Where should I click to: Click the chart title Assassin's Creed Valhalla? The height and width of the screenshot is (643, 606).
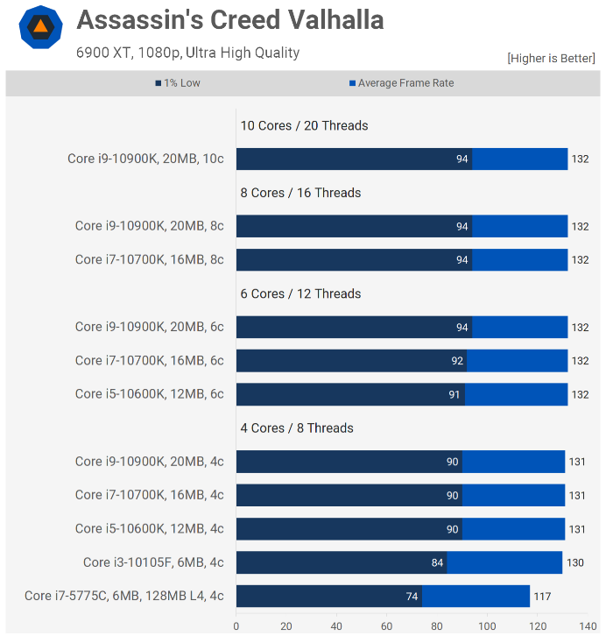pyautogui.click(x=230, y=20)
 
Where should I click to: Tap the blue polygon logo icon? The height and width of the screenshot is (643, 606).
pyautogui.click(x=40, y=27)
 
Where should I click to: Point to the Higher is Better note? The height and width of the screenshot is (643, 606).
pyautogui.click(x=551, y=58)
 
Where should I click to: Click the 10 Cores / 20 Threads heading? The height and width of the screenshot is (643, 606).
pyautogui.click(x=304, y=125)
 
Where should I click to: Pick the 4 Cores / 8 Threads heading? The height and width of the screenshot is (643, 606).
pyautogui.click(x=297, y=427)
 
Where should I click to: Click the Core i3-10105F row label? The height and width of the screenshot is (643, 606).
pyautogui.click(x=153, y=562)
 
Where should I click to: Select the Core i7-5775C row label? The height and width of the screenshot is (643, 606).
pyautogui.click(x=123, y=596)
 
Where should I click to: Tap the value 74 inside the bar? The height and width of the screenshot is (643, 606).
pyautogui.click(x=412, y=597)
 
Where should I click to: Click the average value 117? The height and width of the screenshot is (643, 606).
pyautogui.click(x=542, y=597)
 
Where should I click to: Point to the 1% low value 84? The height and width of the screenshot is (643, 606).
pyautogui.click(x=437, y=562)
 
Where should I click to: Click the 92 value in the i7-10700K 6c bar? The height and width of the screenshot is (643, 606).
pyautogui.click(x=457, y=361)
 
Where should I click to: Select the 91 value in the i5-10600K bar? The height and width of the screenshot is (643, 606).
pyautogui.click(x=454, y=394)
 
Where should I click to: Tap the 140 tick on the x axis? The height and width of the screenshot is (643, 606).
pyautogui.click(x=588, y=626)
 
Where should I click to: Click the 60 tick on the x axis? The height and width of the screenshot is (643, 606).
pyautogui.click(x=387, y=626)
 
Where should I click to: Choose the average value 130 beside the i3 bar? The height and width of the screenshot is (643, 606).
pyautogui.click(x=574, y=562)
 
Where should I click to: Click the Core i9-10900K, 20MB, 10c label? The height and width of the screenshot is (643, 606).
pyautogui.click(x=145, y=159)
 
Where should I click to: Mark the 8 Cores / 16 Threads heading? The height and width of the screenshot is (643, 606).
pyautogui.click(x=300, y=193)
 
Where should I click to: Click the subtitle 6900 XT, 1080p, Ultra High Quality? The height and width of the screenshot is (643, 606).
pyautogui.click(x=188, y=53)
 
